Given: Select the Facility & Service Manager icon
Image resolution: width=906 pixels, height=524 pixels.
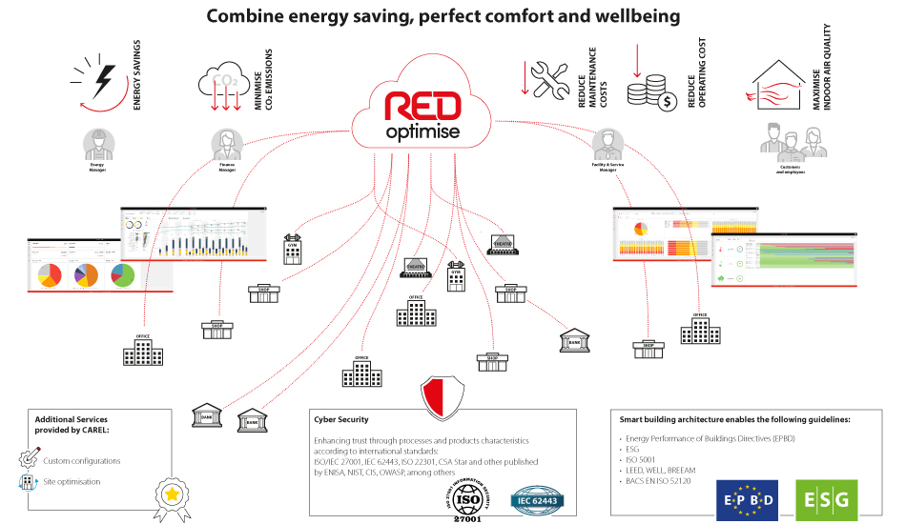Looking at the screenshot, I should (606, 145).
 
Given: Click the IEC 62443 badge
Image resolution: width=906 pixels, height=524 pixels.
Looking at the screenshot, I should (540, 498).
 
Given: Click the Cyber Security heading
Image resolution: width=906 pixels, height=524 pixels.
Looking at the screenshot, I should (340, 419).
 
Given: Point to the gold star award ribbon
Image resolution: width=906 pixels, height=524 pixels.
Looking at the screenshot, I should (171, 494).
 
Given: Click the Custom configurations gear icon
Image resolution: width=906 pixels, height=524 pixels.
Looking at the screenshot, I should (28, 460).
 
